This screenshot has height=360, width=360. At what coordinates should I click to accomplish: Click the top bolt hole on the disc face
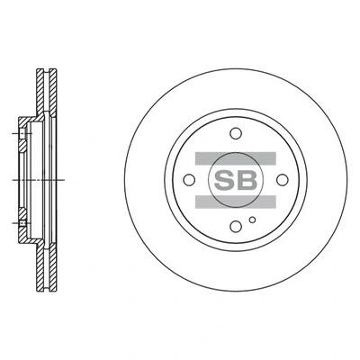pos(236,133)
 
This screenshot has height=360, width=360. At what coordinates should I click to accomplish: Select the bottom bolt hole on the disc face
pos(236,227)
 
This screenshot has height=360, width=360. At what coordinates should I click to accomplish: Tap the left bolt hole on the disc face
pos(189,180)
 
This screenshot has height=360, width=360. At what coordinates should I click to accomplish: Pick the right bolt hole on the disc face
pos(283,180)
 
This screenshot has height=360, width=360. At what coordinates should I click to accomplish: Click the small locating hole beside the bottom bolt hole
pos(253,220)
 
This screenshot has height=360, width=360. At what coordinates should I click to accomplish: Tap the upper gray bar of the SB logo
pos(236,158)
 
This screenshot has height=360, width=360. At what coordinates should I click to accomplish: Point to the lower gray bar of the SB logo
pos(236,202)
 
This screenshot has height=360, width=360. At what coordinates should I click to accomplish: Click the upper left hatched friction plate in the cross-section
pos(40,90)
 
